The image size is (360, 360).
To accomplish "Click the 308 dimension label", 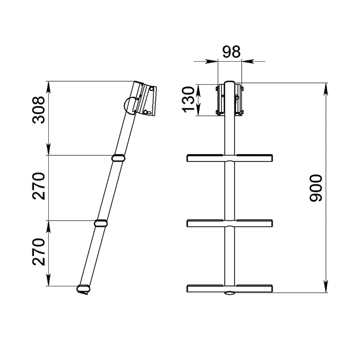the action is click(39, 110).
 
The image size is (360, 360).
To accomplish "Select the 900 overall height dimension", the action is click(316, 188).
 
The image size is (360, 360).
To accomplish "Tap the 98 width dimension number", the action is click(231, 51).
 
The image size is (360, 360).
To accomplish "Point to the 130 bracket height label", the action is click(188, 100).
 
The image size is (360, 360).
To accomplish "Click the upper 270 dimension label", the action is click(39, 186).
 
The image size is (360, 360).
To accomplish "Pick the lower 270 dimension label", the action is click(39, 252).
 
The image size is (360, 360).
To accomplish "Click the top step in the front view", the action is click(229, 158).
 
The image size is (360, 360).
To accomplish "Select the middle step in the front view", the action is click(229, 223).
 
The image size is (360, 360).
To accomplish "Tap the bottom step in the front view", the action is click(229, 289).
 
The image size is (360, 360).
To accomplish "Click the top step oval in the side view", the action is click(118, 158).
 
